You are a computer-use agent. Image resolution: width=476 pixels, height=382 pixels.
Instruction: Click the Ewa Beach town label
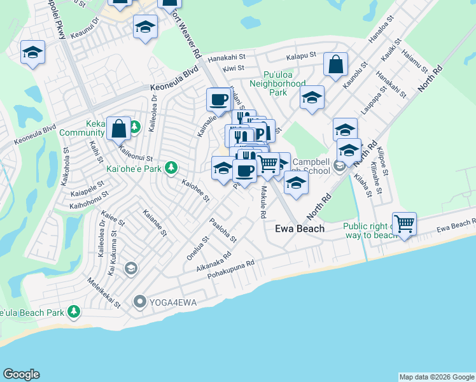tap(299, 229)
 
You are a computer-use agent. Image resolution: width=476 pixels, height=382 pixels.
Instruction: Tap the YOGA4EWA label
tap(167, 301)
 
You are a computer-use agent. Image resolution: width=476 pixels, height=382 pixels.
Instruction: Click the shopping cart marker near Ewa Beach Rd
tap(404, 223)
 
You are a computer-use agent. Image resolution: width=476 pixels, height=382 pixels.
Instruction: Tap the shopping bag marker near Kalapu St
tap(335, 64)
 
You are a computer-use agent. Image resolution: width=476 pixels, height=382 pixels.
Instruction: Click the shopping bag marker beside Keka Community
tap(118, 128)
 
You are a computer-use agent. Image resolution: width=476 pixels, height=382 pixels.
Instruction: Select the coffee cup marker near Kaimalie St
tap(219, 99)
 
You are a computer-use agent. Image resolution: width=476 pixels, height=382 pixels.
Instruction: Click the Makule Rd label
tap(262, 202)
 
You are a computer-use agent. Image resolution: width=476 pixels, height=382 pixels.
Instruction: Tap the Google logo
tap(21, 374)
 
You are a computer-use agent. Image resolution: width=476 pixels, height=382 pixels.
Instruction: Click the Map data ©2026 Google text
tap(437, 377)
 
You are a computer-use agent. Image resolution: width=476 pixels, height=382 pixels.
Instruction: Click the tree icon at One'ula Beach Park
tap(74, 311)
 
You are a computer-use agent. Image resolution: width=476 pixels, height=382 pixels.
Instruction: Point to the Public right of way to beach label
tap(371, 230)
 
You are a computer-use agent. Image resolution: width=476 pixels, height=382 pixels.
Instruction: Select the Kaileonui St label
tap(136, 153)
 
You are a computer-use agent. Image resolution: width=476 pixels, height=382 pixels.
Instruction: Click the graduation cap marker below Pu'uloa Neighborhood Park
tap(312, 97)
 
